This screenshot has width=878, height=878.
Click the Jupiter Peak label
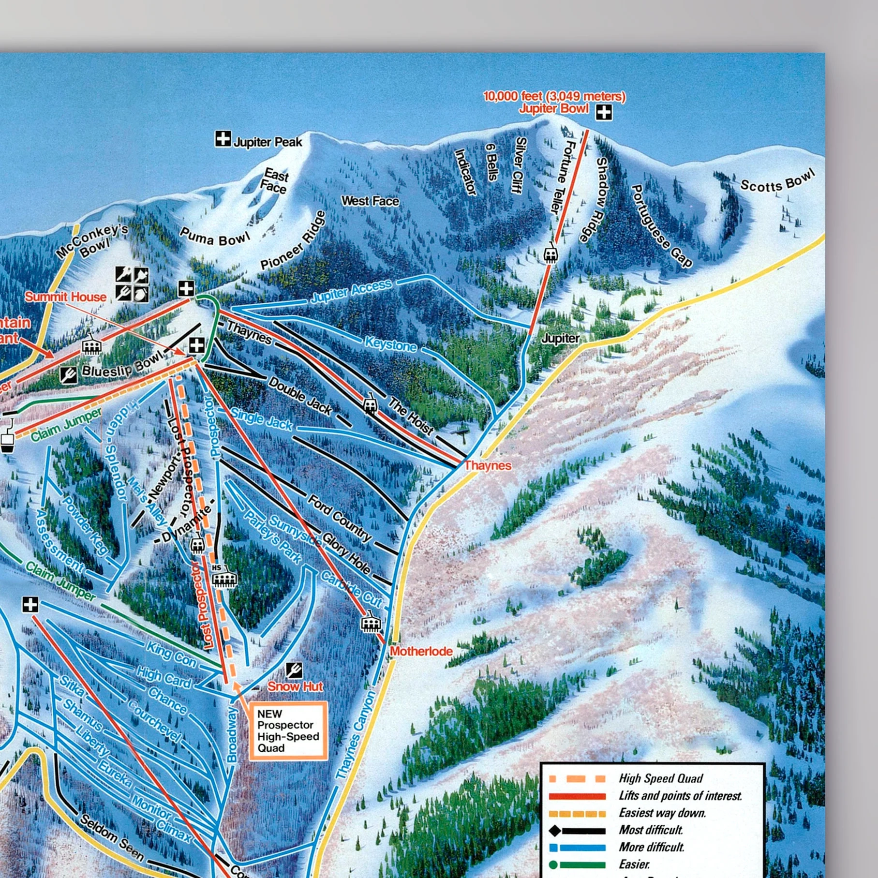[268, 142]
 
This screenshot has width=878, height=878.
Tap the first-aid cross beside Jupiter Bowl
[604, 112]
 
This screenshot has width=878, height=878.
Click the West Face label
[370, 201]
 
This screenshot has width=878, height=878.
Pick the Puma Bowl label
[215, 237]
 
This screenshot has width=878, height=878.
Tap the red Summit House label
[65, 297]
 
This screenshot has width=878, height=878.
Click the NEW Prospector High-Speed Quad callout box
[288, 731]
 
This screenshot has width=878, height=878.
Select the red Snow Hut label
[295, 686]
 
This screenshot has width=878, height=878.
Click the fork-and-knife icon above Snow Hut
[294, 670]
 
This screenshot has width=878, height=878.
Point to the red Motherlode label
[421, 651]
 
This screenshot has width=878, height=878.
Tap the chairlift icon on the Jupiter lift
[550, 254]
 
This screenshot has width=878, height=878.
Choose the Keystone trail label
[390, 344]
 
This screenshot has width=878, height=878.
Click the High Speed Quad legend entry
[660, 778]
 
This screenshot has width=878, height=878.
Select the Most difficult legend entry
[651, 830]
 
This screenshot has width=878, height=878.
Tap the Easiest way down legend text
[662, 813]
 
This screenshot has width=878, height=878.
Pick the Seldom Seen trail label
[111, 837]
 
